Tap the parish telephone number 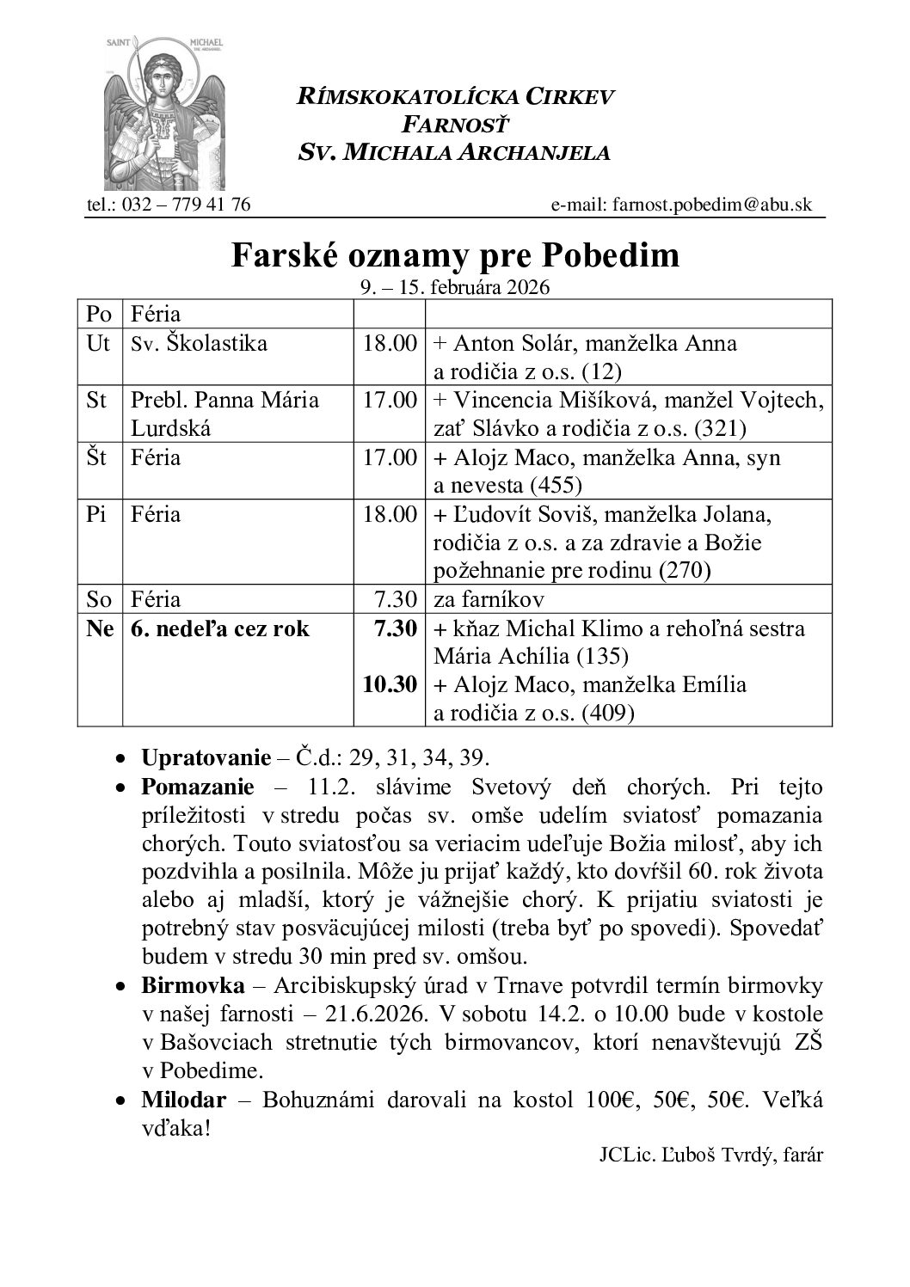(169, 205)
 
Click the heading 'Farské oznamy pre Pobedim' (454, 255)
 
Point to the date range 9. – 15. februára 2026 (454, 287)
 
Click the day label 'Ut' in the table (98, 343)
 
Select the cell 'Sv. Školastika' (199, 343)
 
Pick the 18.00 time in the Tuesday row (389, 343)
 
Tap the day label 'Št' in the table (97, 457)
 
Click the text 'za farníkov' (489, 598)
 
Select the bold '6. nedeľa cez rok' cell (220, 628)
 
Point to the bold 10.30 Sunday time (389, 684)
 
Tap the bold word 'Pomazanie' (197, 787)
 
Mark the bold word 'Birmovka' (193, 984)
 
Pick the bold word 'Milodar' (183, 1100)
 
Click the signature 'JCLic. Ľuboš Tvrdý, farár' (710, 1155)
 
